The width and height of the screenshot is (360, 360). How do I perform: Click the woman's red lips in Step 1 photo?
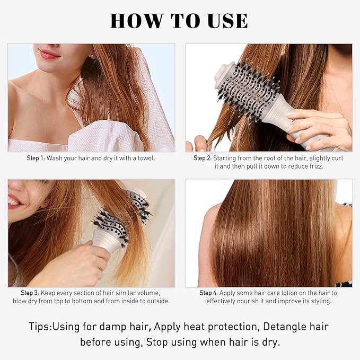49,54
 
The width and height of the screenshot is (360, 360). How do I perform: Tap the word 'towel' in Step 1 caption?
145,158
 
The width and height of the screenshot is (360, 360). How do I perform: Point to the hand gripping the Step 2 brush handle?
318,127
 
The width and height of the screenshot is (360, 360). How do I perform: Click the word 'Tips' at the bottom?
40,327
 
